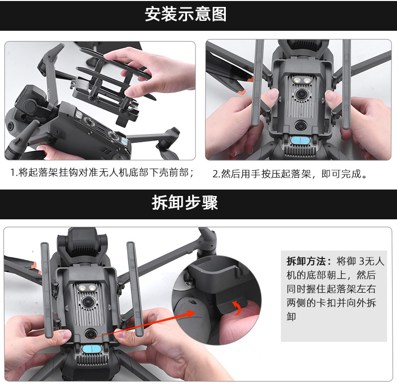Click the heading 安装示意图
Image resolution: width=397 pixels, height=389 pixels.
tap(186, 14)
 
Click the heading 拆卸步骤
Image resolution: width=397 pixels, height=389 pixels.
tap(185, 202)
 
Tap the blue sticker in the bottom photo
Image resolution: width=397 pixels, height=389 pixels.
tap(92, 349)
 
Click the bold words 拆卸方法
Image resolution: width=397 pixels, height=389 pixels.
tap(306, 261)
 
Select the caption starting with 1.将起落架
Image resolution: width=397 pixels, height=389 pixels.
tap(102, 173)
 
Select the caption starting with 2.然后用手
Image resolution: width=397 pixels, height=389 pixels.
tap(290, 174)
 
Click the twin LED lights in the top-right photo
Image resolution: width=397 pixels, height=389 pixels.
tap(301, 80)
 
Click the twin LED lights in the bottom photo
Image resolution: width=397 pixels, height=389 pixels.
tap(86, 287)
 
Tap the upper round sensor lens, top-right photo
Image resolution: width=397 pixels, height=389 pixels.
tap(302, 94)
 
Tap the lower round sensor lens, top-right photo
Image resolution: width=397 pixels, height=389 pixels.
tap(300, 125)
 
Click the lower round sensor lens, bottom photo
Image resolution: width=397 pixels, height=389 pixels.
tap(90, 334)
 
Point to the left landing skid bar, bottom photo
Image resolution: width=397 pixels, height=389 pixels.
tap(47, 290)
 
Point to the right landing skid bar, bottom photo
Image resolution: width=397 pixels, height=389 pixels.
tap(135, 289)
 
